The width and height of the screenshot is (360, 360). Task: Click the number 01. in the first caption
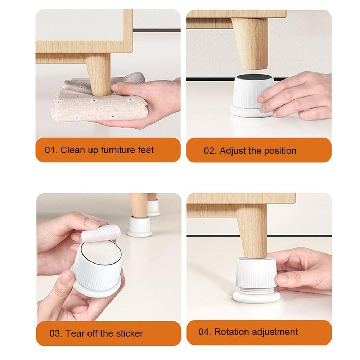51,150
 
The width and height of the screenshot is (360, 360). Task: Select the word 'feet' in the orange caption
146,150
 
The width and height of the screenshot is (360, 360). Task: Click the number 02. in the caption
210,151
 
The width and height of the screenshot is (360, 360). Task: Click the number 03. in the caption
56,333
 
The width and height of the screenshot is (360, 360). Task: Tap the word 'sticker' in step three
130,333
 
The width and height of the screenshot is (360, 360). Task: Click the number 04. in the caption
205,332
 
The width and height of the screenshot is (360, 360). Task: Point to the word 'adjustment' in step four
275,332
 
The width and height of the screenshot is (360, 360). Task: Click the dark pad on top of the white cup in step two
254,78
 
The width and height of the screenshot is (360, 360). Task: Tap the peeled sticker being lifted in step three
101,234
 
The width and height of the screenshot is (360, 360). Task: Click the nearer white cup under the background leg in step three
140,226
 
